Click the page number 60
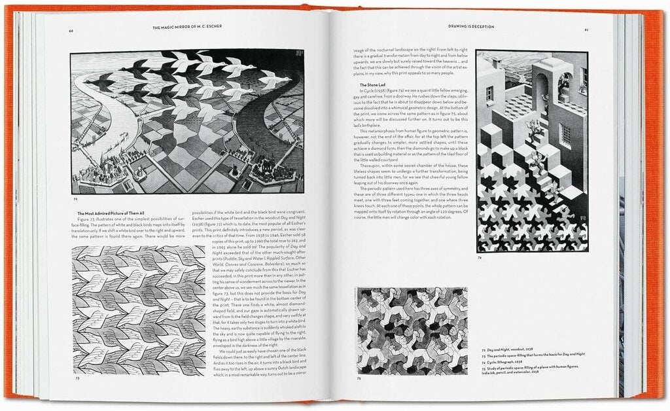70,31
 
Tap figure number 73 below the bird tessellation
77,378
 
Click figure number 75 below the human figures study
358,378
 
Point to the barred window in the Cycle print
565,134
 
